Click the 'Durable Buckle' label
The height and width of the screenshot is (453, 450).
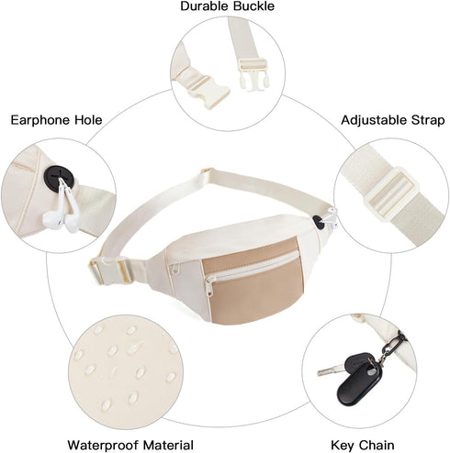[227, 6]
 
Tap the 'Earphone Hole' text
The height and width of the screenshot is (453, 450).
[57, 120]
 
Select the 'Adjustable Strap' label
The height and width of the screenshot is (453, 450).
[393, 120]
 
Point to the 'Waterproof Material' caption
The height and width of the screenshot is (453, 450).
[130, 445]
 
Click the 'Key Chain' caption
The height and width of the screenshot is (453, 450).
[363, 445]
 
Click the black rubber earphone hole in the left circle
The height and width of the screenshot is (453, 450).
[57, 178]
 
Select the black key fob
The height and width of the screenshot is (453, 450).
[359, 380]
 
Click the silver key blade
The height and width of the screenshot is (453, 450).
[332, 370]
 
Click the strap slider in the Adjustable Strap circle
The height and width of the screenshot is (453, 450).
[390, 194]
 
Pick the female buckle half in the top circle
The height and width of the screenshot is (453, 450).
[208, 90]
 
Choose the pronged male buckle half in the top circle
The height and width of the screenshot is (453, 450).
[253, 74]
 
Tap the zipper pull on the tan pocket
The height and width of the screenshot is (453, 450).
[209, 287]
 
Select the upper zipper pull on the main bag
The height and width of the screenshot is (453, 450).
[174, 269]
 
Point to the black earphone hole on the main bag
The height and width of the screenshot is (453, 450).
[319, 222]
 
